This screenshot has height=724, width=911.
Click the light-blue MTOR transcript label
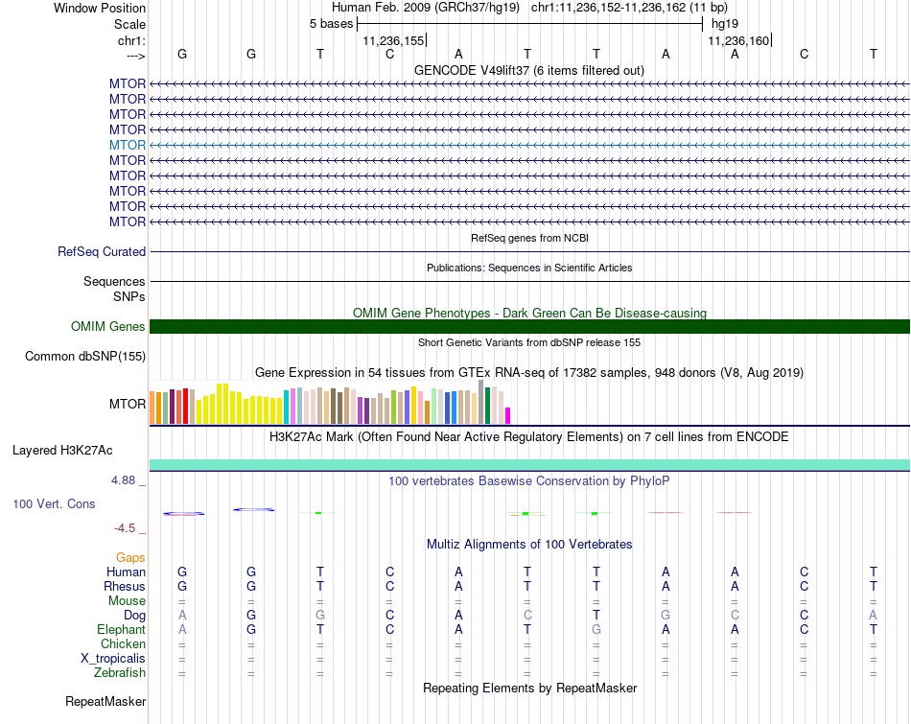[128, 145]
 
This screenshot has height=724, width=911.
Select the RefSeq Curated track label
[102, 252]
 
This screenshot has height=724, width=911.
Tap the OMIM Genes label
[108, 327]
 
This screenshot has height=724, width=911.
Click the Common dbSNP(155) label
[85, 357]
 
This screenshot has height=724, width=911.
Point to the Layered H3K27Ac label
[62, 450]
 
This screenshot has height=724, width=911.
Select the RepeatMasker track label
[105, 702]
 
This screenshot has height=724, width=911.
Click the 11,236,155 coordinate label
[393, 40]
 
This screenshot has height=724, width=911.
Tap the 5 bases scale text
[331, 23]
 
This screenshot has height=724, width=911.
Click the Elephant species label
[121, 630]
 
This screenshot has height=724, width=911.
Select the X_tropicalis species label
[113, 659]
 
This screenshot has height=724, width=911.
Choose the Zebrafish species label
[119, 673]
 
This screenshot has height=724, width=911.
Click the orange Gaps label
[130, 557]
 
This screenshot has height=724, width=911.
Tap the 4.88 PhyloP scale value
[127, 480]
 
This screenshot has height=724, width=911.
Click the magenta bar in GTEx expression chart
[508, 415]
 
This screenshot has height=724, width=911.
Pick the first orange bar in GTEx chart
[153, 408]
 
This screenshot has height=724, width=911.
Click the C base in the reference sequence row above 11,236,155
[389, 54]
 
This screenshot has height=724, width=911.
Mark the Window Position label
[100, 8]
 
